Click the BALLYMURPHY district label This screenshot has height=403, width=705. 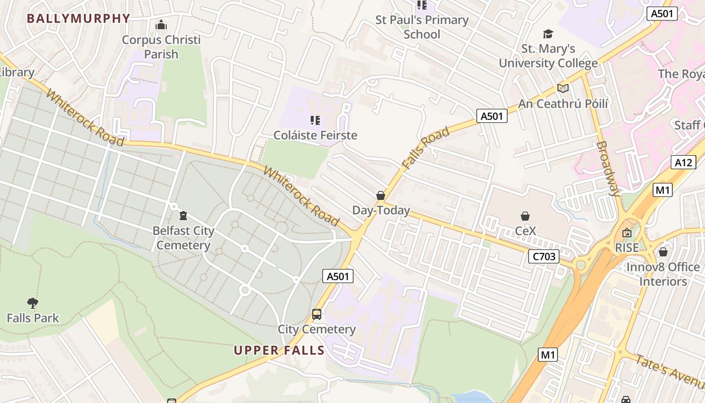(79, 19)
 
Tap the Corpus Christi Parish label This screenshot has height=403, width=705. (161, 47)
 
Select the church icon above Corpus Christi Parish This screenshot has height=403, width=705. (161, 24)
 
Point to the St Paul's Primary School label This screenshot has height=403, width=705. (422, 27)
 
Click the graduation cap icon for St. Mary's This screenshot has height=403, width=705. (548, 34)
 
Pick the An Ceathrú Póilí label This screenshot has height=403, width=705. (563, 104)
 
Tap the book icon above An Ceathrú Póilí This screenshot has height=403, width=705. (563, 89)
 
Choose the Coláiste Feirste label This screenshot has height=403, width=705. (315, 135)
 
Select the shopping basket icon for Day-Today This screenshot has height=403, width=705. (381, 195)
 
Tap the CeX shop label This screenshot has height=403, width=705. (525, 231)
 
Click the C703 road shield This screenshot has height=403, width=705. (544, 256)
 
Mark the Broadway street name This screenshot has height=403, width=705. (608, 168)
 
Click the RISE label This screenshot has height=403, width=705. (627, 247)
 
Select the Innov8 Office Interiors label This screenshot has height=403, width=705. (663, 274)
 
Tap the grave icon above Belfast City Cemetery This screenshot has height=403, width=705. (183, 216)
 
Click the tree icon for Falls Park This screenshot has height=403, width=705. (33, 303)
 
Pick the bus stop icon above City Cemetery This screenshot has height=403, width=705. (317, 314)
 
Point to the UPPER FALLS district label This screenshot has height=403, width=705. (279, 351)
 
